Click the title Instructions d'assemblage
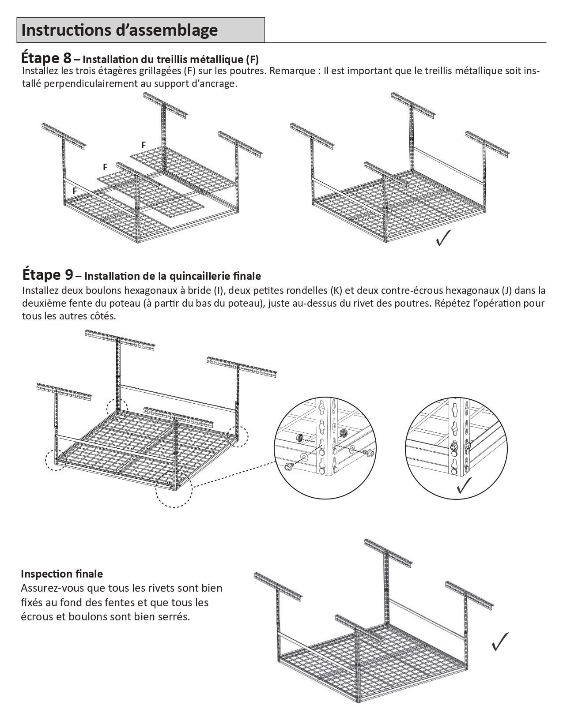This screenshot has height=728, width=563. (x=119, y=30)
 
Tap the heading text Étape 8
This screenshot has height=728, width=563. (x=46, y=58)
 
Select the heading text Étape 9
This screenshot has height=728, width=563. (x=47, y=275)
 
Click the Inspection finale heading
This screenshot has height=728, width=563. (x=62, y=574)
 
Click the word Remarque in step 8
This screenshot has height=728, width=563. (x=294, y=71)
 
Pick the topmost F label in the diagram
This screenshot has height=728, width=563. (x=144, y=145)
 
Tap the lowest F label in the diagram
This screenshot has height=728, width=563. (x=75, y=191)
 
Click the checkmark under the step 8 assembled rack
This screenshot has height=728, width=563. (x=443, y=238)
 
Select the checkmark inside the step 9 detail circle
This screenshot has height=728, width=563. (x=464, y=485)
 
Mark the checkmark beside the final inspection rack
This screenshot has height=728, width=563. (x=500, y=642)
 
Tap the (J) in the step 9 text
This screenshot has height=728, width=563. (x=506, y=290)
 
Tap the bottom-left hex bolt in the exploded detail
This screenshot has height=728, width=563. (x=289, y=466)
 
